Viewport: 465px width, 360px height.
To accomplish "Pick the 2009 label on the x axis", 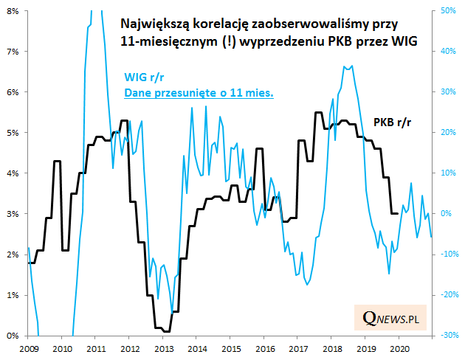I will tap(29, 347).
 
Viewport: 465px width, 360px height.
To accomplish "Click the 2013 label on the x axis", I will tap(163, 347).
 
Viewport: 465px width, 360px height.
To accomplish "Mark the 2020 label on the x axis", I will tap(399, 347).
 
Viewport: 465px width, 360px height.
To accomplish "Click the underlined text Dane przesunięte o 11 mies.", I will tap(199, 94).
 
